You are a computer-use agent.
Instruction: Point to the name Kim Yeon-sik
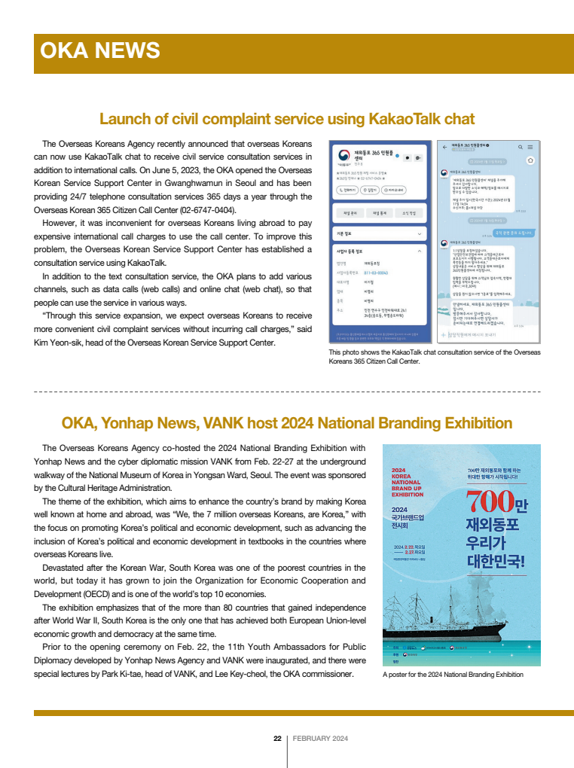pyautogui.click(x=60, y=343)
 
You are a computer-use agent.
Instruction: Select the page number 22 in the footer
pyautogui.click(x=277, y=739)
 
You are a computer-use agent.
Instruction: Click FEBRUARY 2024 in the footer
pyautogui.click(x=320, y=739)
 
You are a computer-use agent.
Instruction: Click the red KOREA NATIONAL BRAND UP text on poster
pyautogui.click(x=408, y=483)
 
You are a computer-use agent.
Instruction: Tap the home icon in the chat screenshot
pyautogui.click(x=530, y=160)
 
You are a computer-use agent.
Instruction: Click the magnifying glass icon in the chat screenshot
pyautogui.click(x=520, y=146)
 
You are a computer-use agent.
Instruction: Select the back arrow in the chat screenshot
pyautogui.click(x=444, y=146)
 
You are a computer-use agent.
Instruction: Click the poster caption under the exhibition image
pyautogui.click(x=452, y=675)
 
